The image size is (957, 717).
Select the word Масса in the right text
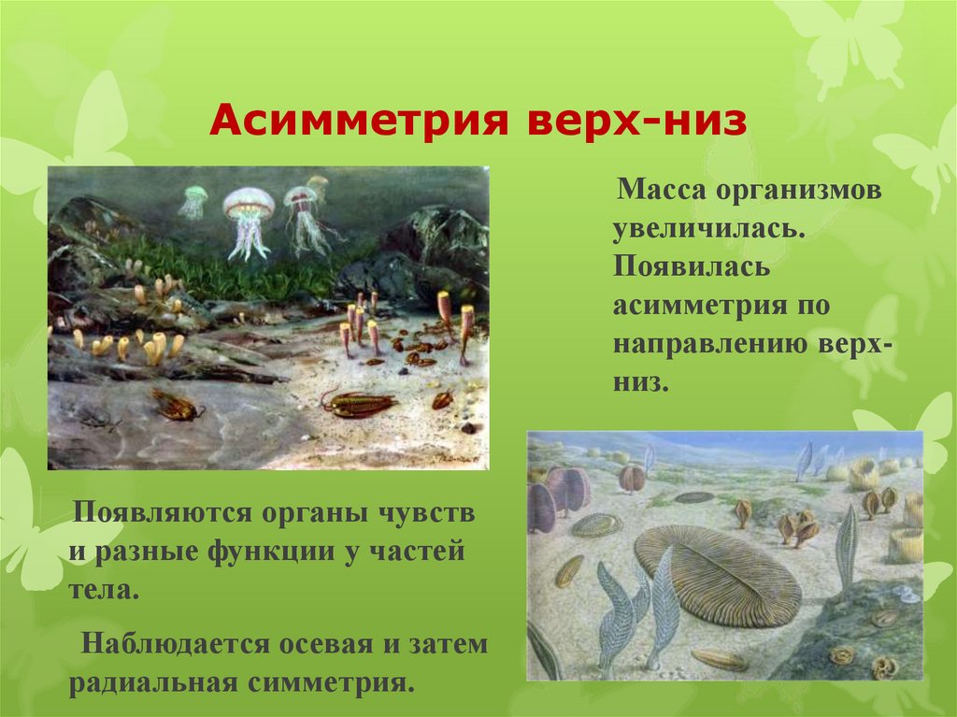(661, 193)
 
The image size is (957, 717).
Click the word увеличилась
(709, 230)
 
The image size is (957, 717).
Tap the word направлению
(705, 345)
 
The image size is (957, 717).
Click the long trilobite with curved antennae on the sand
(361, 403)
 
